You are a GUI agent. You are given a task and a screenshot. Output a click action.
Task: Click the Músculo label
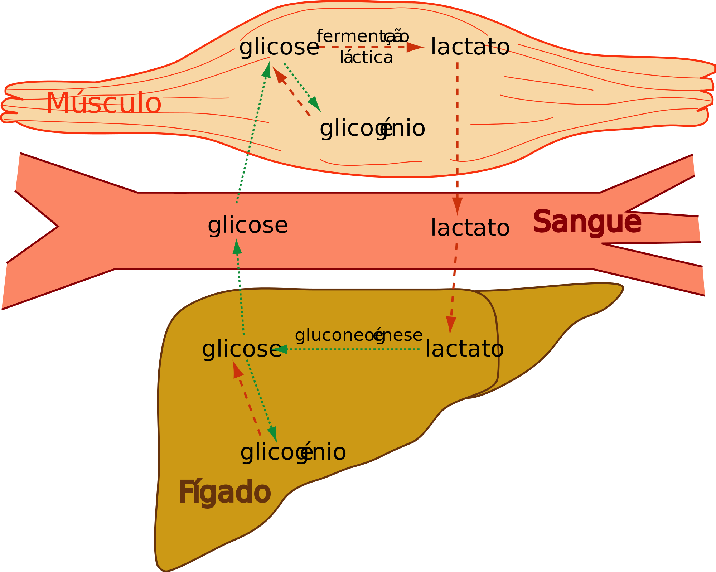tap(104, 103)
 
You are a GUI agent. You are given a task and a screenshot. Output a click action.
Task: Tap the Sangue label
tap(587, 222)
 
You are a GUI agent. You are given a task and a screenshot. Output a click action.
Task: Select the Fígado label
tap(224, 493)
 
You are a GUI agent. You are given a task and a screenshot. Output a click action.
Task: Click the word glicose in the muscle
tap(279, 47)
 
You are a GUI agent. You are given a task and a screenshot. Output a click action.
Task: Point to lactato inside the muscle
tap(470, 47)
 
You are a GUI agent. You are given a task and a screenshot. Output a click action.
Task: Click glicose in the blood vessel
tap(248, 225)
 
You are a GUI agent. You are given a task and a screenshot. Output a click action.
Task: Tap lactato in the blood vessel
tap(470, 228)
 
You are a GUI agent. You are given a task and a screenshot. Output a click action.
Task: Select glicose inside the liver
tap(242, 349)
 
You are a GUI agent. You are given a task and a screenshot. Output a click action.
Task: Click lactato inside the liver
tap(464, 349)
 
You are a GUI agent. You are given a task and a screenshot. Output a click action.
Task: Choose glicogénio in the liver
tap(293, 452)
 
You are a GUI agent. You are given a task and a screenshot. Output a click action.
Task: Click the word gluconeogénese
tap(359, 335)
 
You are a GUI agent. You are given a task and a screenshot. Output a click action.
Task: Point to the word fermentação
tap(363, 37)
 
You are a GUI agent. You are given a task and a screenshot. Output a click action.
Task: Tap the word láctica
tap(366, 57)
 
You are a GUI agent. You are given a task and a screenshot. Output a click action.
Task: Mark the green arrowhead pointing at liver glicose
tap(280, 349)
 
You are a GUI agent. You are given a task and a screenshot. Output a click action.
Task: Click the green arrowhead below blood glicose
tap(237, 246)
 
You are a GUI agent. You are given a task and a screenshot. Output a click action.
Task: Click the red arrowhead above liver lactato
tap(450, 325)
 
